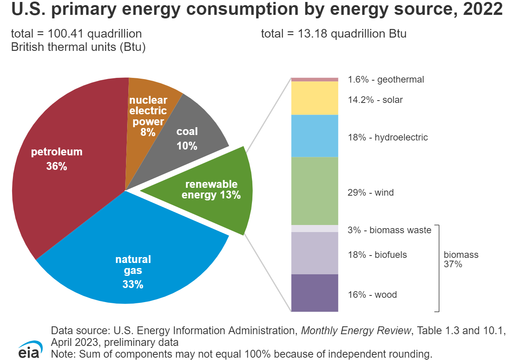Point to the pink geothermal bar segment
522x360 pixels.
315,79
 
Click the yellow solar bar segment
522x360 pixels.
315,98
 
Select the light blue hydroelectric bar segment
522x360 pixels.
315,136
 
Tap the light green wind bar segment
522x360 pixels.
315,191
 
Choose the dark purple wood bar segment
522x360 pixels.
315,293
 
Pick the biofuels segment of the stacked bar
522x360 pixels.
315,253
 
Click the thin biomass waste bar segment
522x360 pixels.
315,229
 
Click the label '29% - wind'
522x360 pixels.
371,193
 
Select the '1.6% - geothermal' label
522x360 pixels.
386,79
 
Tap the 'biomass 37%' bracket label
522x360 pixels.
461,259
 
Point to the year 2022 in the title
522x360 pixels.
483,9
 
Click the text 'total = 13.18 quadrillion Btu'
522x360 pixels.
333,34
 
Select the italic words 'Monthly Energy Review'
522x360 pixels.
356,331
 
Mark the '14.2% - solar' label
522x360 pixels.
375,100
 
